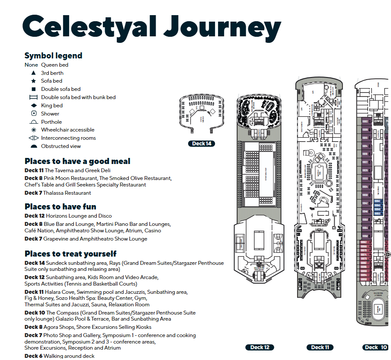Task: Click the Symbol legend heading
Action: click(53, 55)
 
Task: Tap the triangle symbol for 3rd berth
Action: click(33, 73)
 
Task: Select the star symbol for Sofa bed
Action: click(33, 81)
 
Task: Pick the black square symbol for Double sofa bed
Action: click(33, 89)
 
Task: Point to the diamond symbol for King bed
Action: click(33, 106)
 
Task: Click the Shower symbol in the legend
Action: click(33, 113)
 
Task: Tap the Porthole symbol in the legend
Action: click(33, 122)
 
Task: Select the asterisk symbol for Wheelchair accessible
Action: click(33, 130)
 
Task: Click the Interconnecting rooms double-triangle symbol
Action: click(33, 138)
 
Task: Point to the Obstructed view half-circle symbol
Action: click(33, 146)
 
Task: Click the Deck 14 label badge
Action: click(202, 144)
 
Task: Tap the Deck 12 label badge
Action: click(260, 347)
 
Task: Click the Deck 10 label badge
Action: click(375, 347)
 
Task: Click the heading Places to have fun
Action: click(60, 206)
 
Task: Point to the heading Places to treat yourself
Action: click(70, 254)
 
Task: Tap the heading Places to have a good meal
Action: click(77, 161)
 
